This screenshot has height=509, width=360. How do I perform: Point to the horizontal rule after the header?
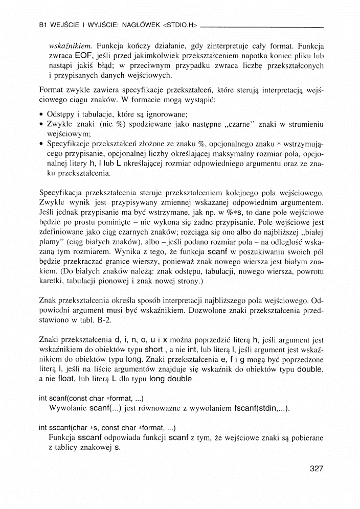coord(262,26)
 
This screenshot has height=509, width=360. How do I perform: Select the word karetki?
coord(52,281)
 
